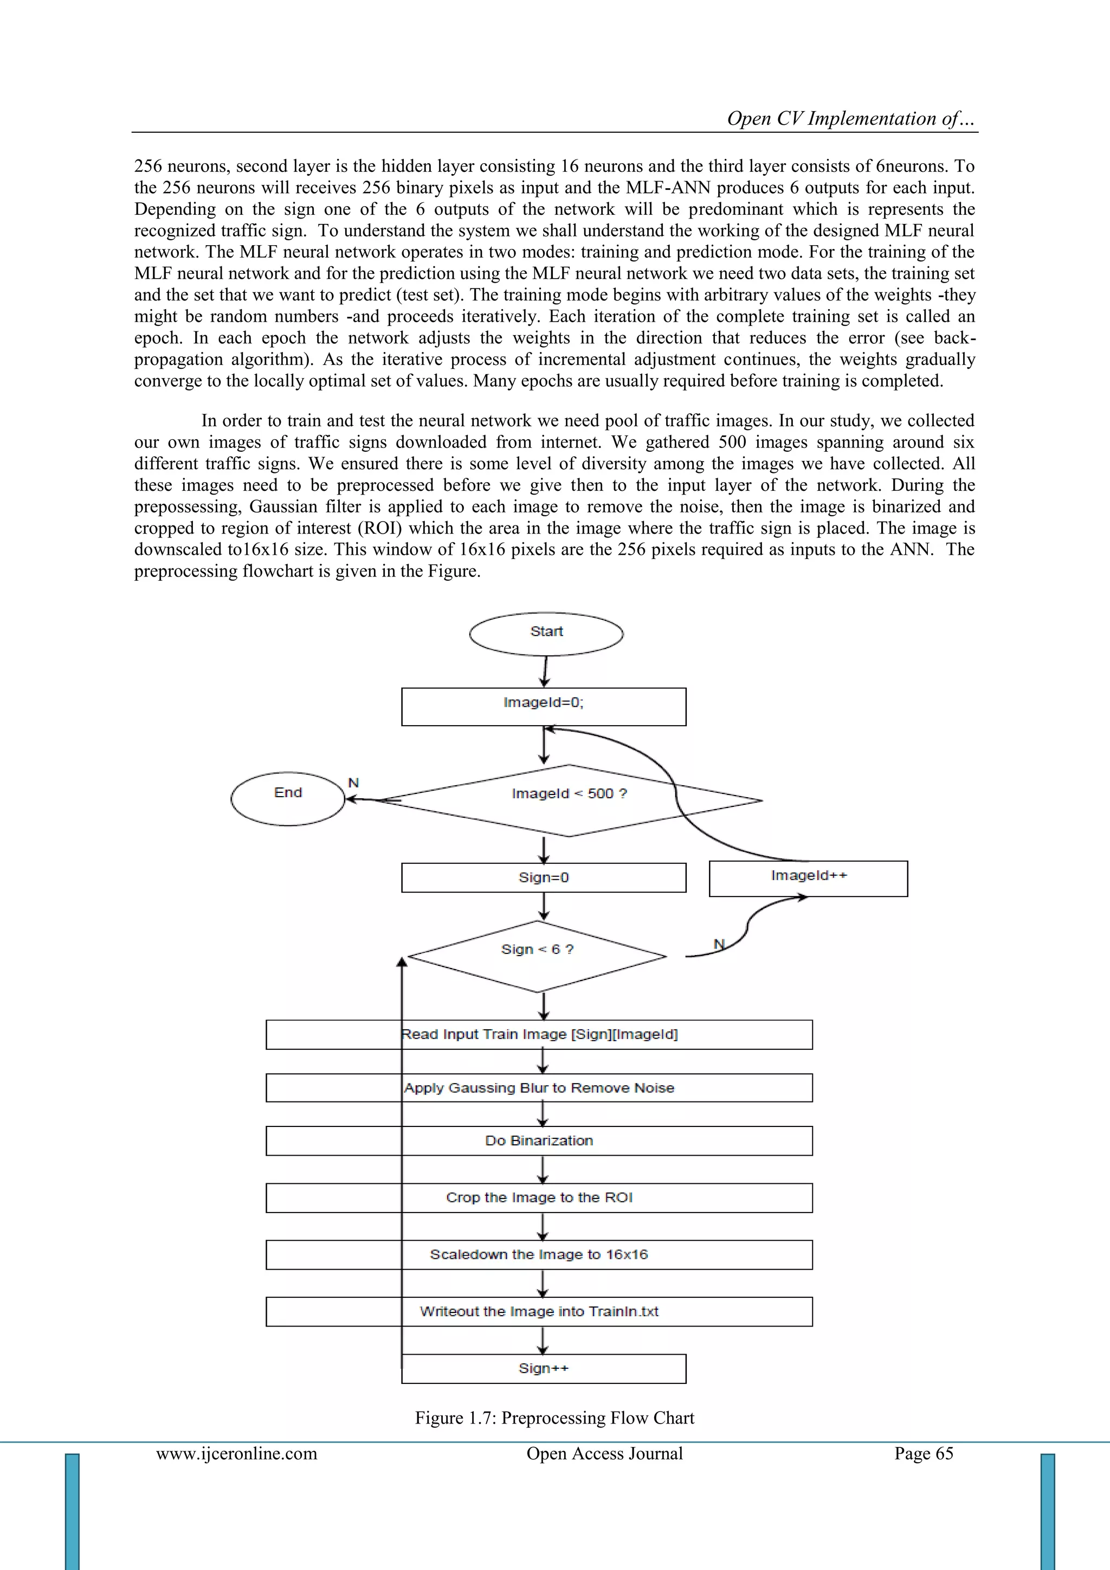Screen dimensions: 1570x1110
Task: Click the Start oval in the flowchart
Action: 546,633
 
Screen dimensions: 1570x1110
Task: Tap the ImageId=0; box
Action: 544,706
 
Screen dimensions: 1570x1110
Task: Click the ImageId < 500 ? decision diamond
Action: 569,799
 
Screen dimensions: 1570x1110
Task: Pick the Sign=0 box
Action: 544,877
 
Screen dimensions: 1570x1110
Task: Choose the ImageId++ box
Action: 808,878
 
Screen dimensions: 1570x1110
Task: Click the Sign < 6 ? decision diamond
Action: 537,955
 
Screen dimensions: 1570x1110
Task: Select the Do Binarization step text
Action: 539,1140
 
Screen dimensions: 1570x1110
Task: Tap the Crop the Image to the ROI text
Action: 539,1197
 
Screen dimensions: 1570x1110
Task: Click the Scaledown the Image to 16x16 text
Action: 539,1254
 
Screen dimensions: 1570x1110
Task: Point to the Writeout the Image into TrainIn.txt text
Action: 539,1311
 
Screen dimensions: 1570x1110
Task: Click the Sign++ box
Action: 544,1368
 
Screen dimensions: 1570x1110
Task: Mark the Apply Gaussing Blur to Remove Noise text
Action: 539,1088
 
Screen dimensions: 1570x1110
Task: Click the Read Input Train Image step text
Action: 539,1034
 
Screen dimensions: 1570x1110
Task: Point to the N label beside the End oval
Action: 353,782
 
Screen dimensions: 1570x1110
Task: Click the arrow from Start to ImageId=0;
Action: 545,671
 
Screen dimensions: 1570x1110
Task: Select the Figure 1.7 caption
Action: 554,1418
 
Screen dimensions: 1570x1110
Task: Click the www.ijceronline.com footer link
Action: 236,1453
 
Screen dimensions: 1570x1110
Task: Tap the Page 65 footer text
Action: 924,1453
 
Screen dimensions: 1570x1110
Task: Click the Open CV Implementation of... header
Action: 850,118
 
